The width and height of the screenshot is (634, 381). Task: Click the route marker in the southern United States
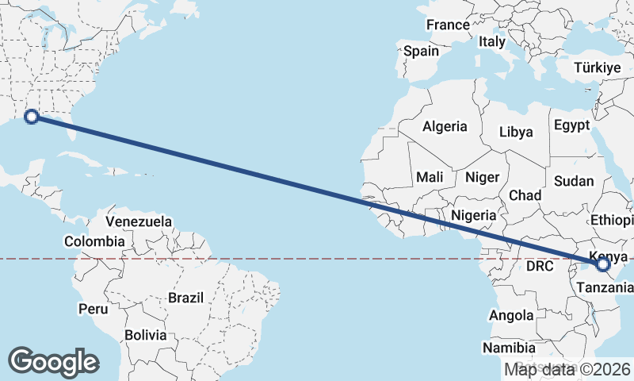pos(32,117)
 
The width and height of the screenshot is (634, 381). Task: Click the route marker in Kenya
pos(602,264)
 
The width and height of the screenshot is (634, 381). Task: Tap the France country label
pos(448,25)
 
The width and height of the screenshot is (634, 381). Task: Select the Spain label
pos(421,51)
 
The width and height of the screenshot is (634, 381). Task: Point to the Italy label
pos(491,41)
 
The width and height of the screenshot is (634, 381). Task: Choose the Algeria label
pos(445,126)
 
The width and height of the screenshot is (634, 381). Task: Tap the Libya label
pos(516,133)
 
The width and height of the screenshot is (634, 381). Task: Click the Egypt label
pos(572,125)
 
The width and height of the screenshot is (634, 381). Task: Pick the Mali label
pos(430,177)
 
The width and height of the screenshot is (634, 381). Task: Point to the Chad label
pos(525,195)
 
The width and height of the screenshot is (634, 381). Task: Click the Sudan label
pos(574,181)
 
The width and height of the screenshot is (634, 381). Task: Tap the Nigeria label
pos(474,214)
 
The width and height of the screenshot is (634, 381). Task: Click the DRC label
pos(540,266)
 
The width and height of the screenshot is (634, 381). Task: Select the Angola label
pos(511,315)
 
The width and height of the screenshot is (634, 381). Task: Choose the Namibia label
pos(509,348)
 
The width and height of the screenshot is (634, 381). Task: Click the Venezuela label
pos(139,221)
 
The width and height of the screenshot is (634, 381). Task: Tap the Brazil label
pos(186,298)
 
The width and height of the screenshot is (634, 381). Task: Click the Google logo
pos(53,362)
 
